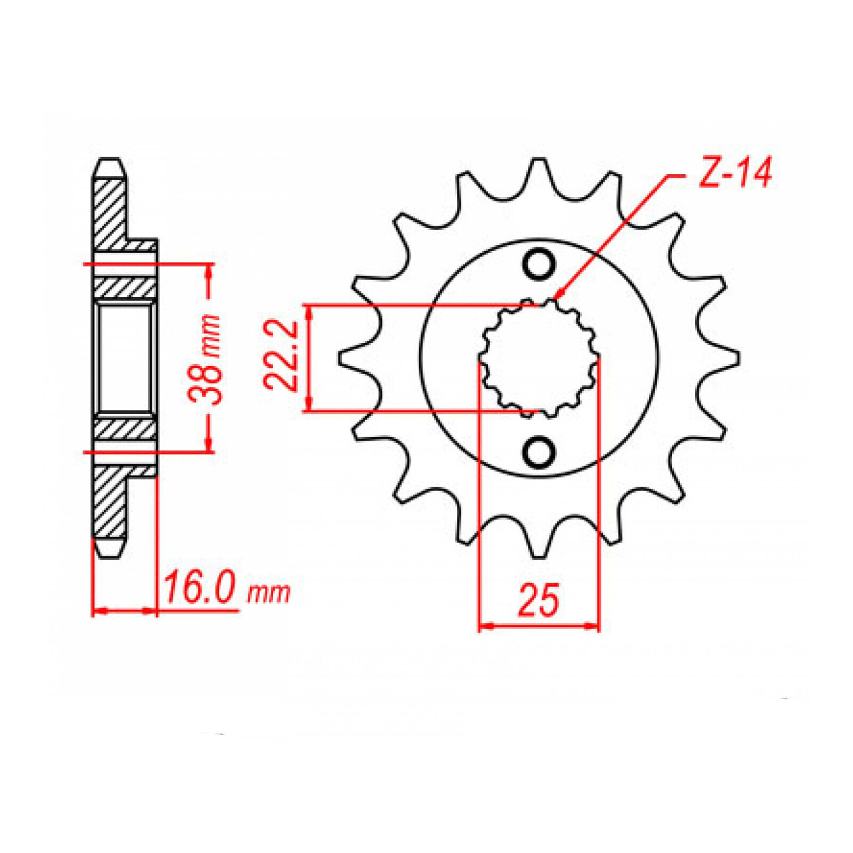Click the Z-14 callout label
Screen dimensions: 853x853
click(x=735, y=173)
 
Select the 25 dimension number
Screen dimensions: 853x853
click(x=538, y=600)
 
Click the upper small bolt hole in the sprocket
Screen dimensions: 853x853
click(x=538, y=264)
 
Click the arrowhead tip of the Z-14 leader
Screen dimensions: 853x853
click(x=554, y=299)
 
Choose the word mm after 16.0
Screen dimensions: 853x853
click(x=269, y=593)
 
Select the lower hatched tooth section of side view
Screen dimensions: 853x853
click(x=110, y=504)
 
